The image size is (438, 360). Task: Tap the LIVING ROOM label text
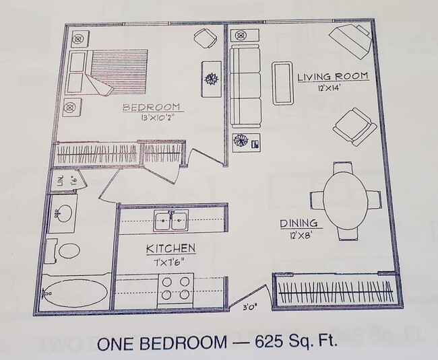pos(334,77)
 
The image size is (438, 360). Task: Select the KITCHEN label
pos(170,249)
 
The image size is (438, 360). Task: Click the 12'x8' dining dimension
pos(301,236)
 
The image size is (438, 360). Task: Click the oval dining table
pos(344,199)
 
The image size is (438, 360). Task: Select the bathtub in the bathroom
pos(74,293)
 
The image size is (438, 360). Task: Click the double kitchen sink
pos(170,219)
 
